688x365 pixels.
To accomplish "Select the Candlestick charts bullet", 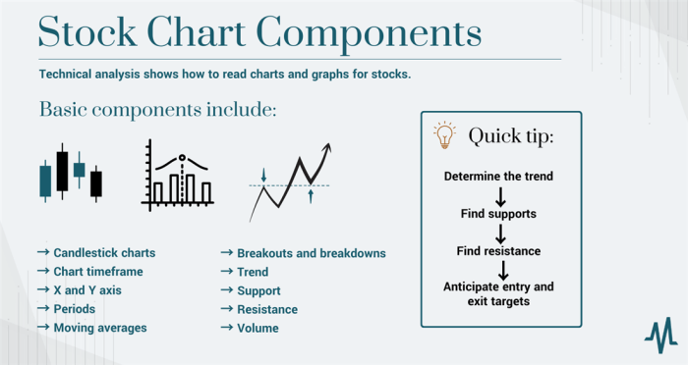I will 104,253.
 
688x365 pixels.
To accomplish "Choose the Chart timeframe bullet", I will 98,272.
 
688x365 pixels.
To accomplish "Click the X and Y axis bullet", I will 88,290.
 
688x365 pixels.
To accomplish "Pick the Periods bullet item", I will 75,309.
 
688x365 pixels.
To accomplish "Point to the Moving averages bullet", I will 99,328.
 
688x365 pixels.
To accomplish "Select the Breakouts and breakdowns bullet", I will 311,253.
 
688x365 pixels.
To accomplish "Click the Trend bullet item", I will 252,272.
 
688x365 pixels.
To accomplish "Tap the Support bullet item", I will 258,290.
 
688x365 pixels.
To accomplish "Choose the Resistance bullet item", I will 266,309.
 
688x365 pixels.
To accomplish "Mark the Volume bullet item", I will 258,328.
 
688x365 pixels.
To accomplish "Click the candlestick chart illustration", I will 70,175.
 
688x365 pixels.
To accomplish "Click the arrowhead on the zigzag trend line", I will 327,148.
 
